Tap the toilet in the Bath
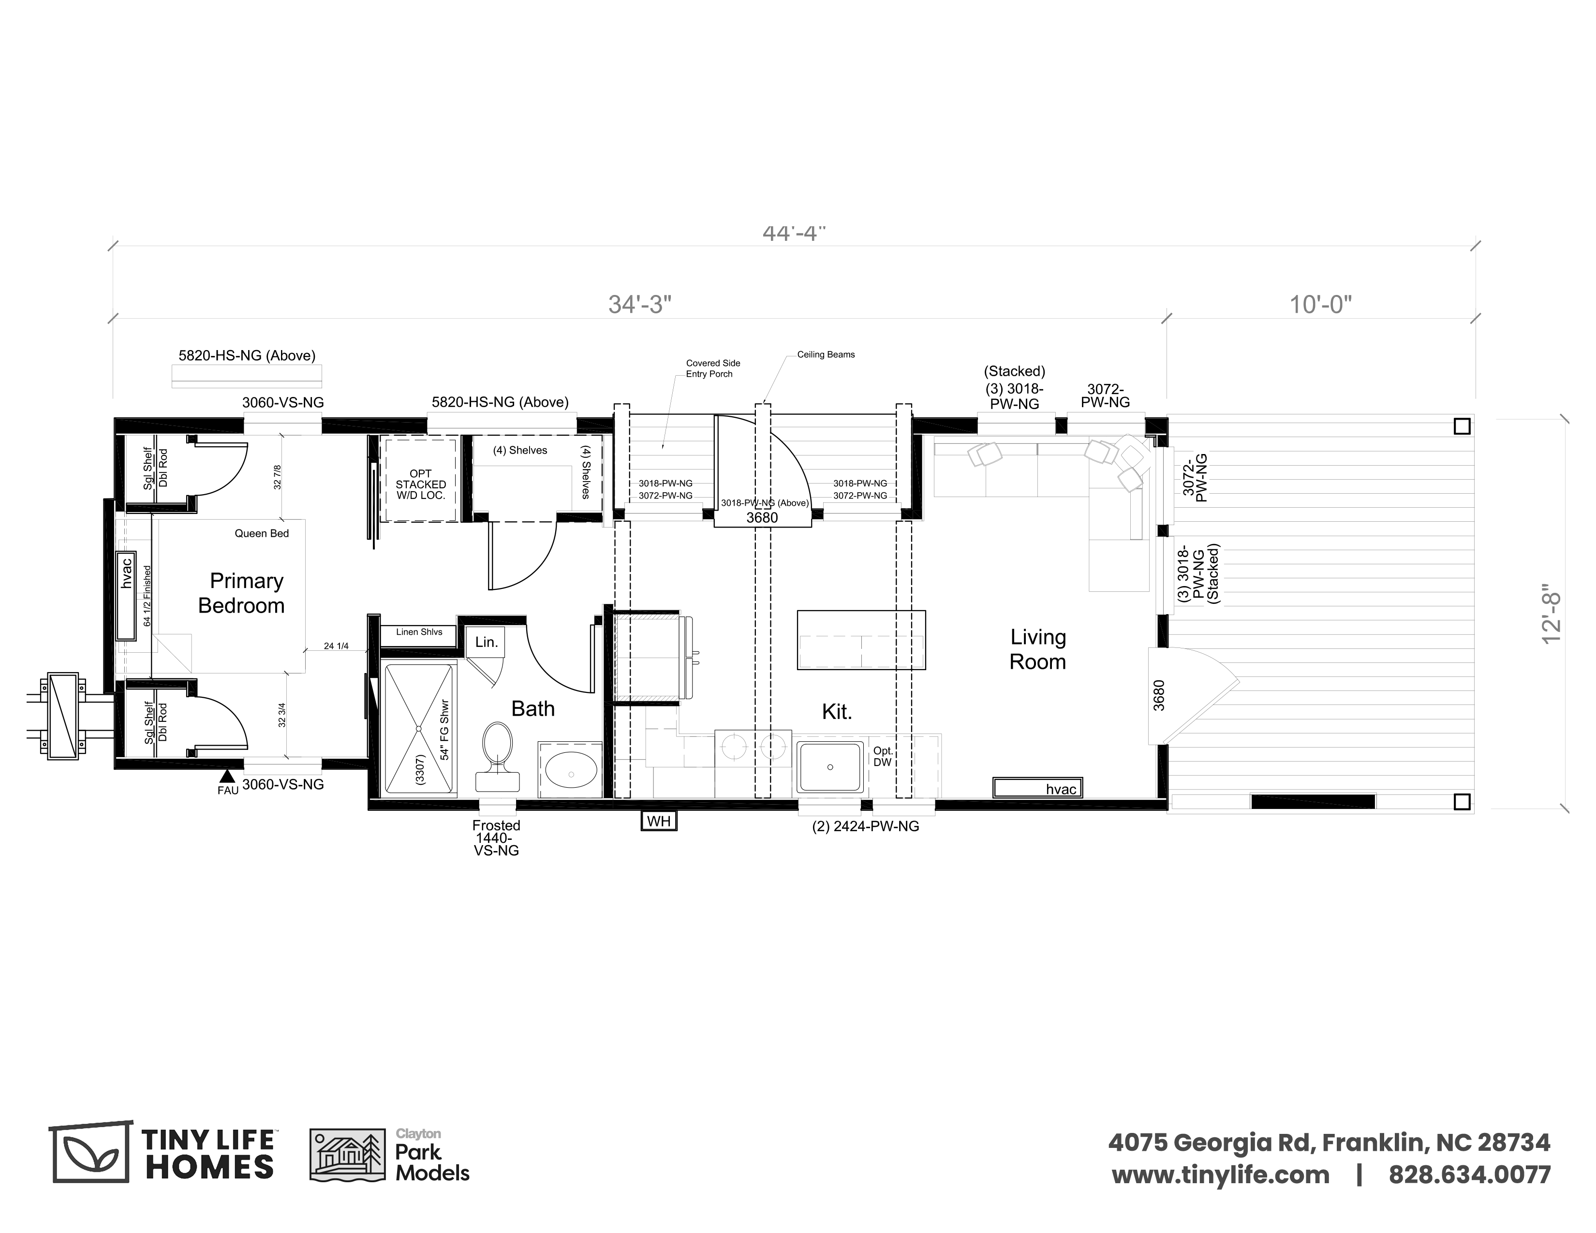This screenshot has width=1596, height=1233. (x=498, y=757)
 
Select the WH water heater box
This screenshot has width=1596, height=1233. (x=658, y=821)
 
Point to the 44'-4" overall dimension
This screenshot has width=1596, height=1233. (x=794, y=233)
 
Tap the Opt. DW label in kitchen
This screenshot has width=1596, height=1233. (x=883, y=756)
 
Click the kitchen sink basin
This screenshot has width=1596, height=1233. (x=829, y=767)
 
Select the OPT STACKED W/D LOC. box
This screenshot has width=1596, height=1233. (x=420, y=479)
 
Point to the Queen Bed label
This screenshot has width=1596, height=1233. (x=262, y=533)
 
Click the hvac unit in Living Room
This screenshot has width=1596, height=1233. (x=1037, y=787)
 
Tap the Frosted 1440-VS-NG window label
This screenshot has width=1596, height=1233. (x=496, y=838)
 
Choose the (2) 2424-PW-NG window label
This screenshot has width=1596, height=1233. (x=865, y=826)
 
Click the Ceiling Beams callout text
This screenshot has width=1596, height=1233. (x=826, y=354)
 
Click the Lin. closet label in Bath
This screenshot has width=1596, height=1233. (x=487, y=642)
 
